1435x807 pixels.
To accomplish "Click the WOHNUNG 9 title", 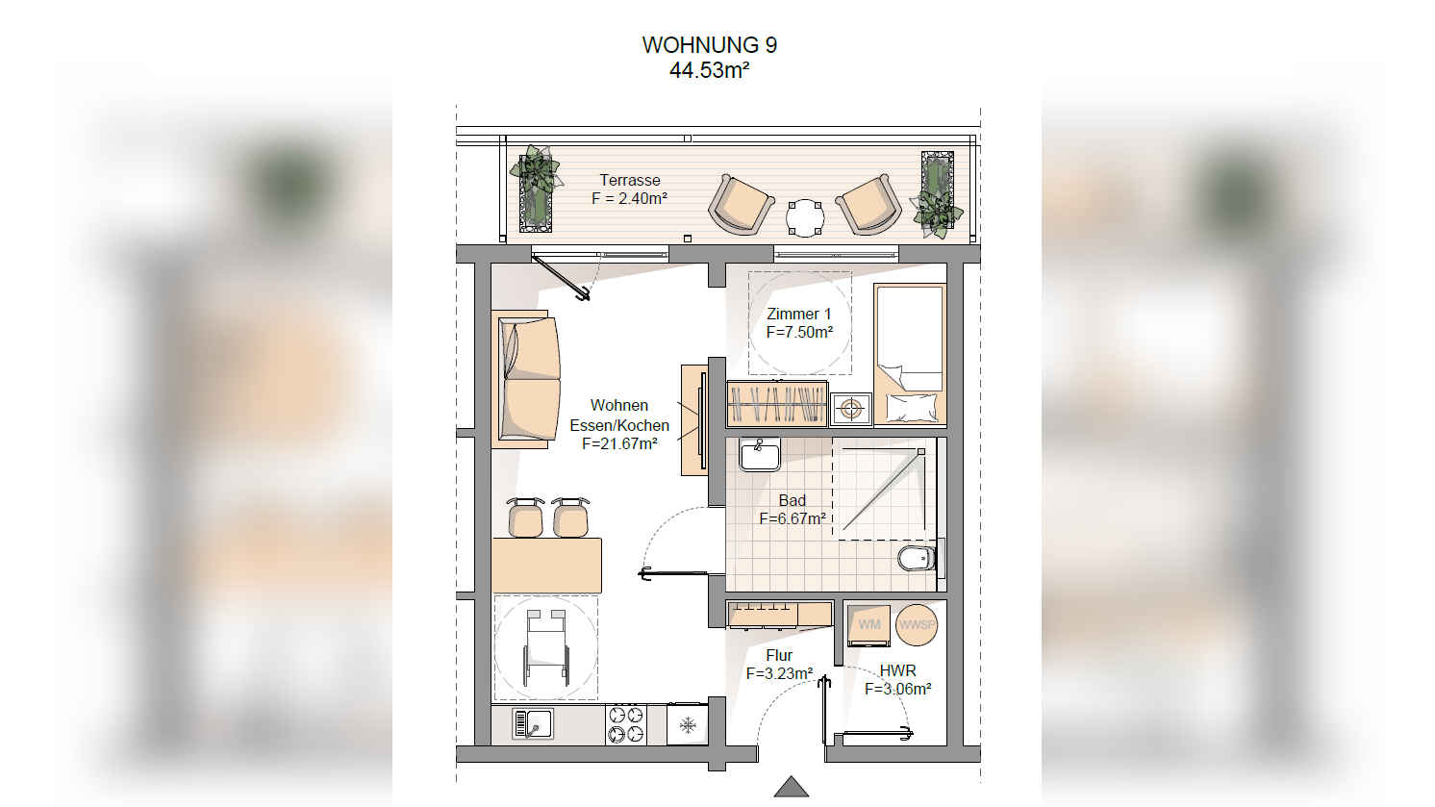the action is pyautogui.click(x=709, y=45).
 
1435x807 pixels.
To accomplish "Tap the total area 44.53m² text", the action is pyautogui.click(x=709, y=70).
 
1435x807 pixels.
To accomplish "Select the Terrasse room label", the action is pyautogui.click(x=630, y=180).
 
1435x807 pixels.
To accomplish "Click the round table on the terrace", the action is pyautogui.click(x=805, y=217).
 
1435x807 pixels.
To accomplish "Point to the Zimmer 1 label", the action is pyautogui.click(x=799, y=314).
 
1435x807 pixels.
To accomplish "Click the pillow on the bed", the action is pyautogui.click(x=911, y=407).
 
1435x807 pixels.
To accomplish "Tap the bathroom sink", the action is pyautogui.click(x=759, y=454).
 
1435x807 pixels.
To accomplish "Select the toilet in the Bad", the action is pyautogui.click(x=918, y=559).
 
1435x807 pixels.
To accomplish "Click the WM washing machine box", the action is pyautogui.click(x=869, y=625).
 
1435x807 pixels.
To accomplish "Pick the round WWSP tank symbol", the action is pyautogui.click(x=917, y=624).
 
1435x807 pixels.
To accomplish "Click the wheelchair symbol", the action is pyautogui.click(x=545, y=647).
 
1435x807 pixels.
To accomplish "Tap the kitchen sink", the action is pyautogui.click(x=533, y=724).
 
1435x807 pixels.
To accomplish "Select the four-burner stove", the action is pyautogui.click(x=625, y=724).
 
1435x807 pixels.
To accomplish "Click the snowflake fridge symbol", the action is pyautogui.click(x=688, y=725).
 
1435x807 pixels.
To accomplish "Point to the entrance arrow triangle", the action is pyautogui.click(x=792, y=787).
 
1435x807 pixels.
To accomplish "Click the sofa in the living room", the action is pyautogui.click(x=529, y=379).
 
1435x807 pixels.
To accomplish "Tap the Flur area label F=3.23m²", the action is pyautogui.click(x=779, y=673).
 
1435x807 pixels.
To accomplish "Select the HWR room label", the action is pyautogui.click(x=897, y=670).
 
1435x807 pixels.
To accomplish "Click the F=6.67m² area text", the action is pyautogui.click(x=793, y=518).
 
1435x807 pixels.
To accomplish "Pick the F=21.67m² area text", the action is pyautogui.click(x=619, y=443).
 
